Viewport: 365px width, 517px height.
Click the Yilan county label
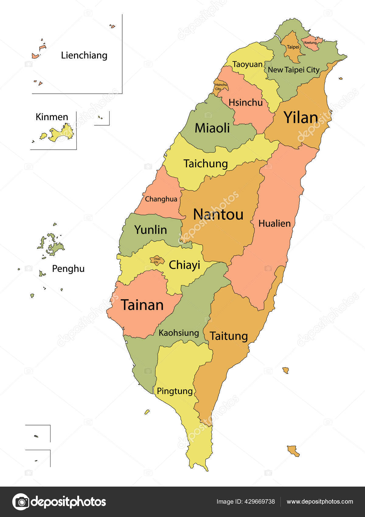click(x=301, y=117)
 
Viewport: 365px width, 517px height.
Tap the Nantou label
click(x=218, y=214)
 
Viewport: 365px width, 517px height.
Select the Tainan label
click(x=142, y=305)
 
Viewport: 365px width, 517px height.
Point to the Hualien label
click(x=274, y=224)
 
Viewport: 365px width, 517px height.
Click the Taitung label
click(x=229, y=336)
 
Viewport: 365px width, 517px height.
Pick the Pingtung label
click(x=175, y=391)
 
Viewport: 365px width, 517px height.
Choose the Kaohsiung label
click(x=179, y=333)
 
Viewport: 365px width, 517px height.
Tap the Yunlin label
click(x=151, y=230)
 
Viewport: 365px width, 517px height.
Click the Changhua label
click(x=161, y=199)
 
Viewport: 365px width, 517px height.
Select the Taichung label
click(x=206, y=164)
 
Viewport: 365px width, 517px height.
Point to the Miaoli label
click(x=212, y=128)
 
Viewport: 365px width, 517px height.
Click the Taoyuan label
click(x=247, y=64)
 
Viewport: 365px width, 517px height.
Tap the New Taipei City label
click(x=294, y=70)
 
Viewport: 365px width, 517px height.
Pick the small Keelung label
click(x=310, y=43)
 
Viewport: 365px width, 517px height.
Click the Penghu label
click(x=68, y=269)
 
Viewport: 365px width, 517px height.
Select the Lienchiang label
click(x=84, y=55)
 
